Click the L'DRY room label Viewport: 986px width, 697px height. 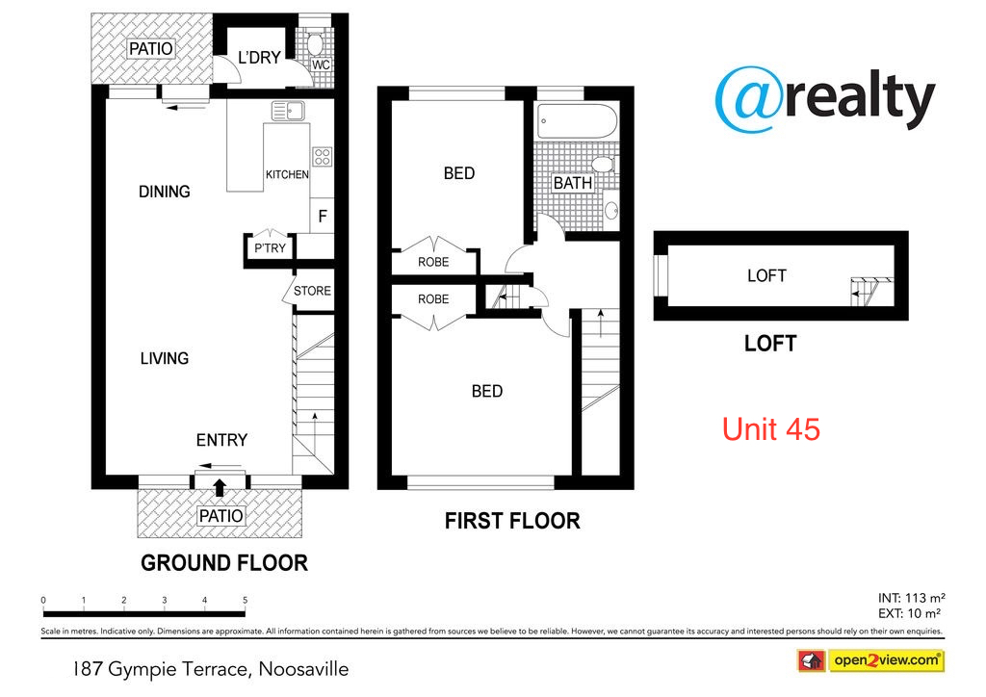[259, 58]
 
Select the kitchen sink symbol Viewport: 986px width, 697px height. [287, 111]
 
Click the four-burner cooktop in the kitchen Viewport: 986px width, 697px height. [322, 157]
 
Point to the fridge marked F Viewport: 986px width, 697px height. [323, 217]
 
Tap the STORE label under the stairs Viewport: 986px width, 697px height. [312, 291]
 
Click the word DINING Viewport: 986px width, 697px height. [164, 192]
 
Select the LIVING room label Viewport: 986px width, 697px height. [164, 358]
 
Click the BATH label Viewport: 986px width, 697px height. [572, 183]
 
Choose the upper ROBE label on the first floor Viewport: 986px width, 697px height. [432, 262]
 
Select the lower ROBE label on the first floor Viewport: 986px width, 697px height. [432, 299]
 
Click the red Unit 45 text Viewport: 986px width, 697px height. [771, 428]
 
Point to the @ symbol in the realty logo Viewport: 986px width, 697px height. [748, 98]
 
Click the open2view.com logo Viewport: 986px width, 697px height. [869, 660]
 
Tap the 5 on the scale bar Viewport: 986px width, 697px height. [245, 600]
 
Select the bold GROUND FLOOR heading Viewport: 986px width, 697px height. [224, 563]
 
